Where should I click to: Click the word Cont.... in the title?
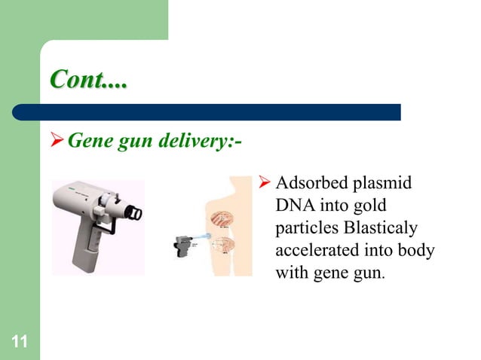pos(88,79)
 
